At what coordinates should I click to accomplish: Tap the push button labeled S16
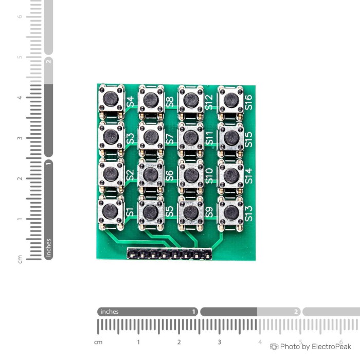click(x=231, y=101)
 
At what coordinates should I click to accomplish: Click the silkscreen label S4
click(x=130, y=101)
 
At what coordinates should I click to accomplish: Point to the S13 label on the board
click(x=248, y=213)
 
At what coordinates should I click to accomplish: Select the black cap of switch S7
click(x=151, y=137)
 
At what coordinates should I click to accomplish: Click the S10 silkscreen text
click(x=209, y=176)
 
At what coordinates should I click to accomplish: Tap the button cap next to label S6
click(x=151, y=174)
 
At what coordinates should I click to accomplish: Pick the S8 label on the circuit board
click(x=170, y=102)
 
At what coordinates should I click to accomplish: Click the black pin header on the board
click(x=169, y=254)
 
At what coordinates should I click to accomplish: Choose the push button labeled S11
click(x=191, y=137)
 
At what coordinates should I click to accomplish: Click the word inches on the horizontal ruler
click(x=110, y=312)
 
